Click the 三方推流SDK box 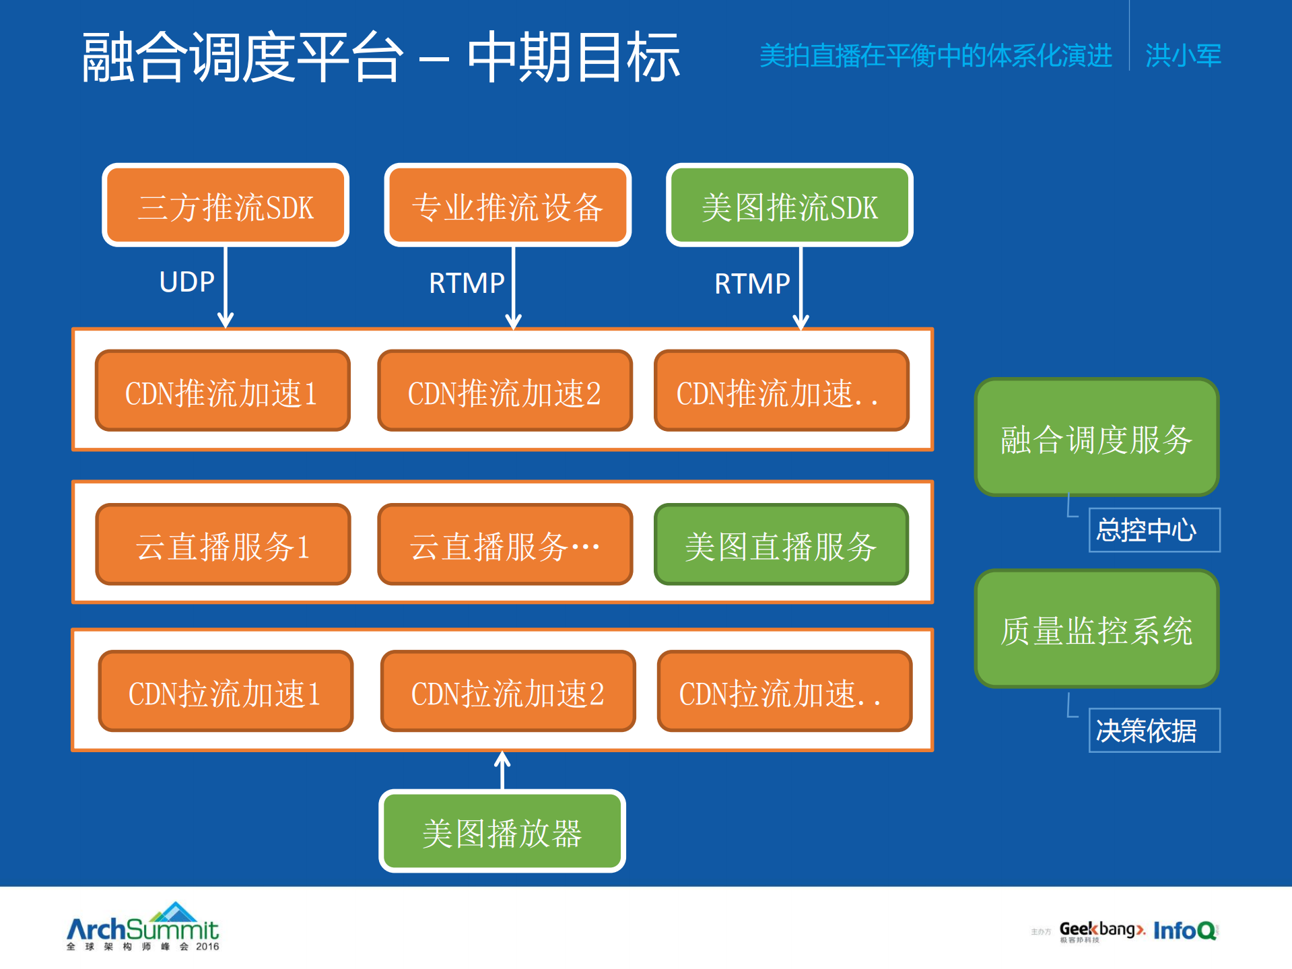pos(226,205)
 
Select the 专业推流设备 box pos(508,205)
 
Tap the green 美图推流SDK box pos(789,205)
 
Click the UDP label pos(186,282)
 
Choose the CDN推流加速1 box pos(222,391)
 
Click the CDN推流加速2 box pos(505,391)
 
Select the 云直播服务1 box pos(223,545)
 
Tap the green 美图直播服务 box pos(781,545)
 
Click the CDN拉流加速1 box pos(226,692)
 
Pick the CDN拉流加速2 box pos(508,692)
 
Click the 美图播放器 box pos(502,832)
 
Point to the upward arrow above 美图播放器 pos(502,770)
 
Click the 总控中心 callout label pos(1154,530)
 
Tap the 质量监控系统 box pos(1096,630)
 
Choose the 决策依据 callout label pos(1154,730)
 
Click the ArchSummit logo pos(143,927)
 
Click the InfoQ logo pos(1185,931)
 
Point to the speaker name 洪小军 pos(1183,55)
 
